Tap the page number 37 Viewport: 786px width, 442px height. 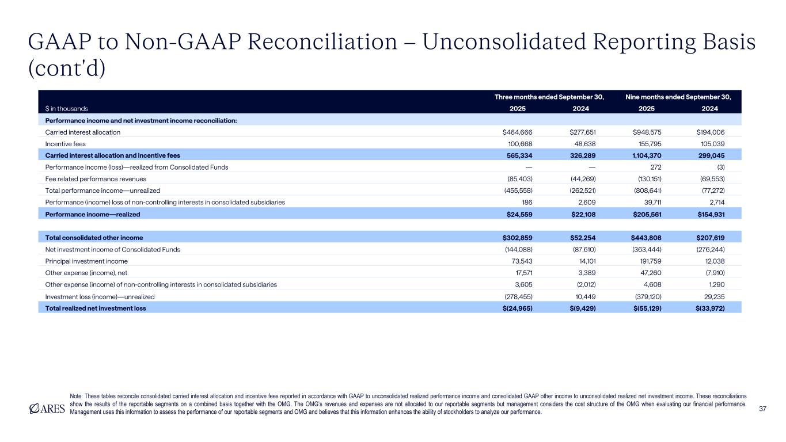click(x=764, y=408)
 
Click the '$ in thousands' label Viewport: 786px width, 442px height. click(x=67, y=108)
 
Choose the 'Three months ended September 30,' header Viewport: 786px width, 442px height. click(x=549, y=97)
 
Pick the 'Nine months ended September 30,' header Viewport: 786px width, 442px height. click(x=679, y=97)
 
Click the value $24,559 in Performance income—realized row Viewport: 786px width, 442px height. click(x=522, y=214)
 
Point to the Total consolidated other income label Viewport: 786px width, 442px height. click(x=94, y=237)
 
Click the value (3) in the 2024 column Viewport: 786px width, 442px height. click(x=720, y=167)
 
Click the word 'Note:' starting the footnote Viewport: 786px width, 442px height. click(x=76, y=396)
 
